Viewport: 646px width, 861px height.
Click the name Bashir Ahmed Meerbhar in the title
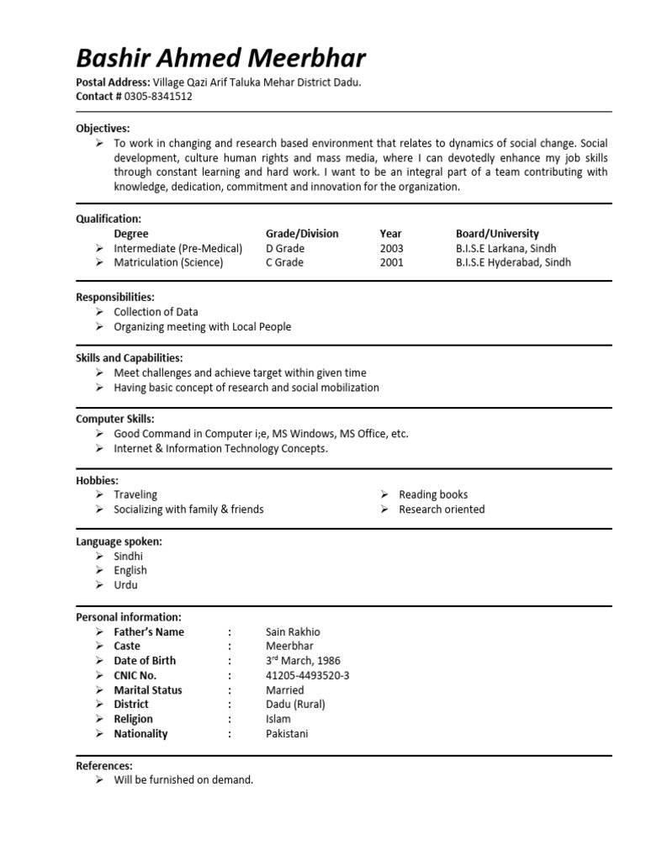tap(220, 58)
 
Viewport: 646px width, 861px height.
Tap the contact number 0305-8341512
tap(158, 96)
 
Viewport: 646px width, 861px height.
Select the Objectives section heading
tap(103, 129)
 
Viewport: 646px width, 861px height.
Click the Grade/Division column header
tap(302, 233)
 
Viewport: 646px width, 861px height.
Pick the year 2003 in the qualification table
tap(391, 248)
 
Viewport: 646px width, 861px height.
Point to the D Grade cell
tap(285, 248)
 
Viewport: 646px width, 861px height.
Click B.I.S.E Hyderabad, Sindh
tap(513, 262)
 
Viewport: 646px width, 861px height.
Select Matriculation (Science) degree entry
tap(168, 262)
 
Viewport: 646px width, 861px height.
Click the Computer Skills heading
tap(115, 419)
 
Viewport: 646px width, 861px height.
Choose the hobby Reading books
tap(433, 494)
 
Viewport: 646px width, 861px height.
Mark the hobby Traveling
tap(135, 494)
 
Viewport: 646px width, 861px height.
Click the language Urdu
tap(125, 584)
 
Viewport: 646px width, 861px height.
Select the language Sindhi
tap(128, 556)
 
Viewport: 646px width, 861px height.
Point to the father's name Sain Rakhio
tap(293, 631)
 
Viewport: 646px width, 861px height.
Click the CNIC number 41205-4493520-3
tap(307, 675)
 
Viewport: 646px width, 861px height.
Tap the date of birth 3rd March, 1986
tap(303, 661)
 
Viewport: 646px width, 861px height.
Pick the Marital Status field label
tap(148, 689)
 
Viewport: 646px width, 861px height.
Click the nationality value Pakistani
tap(287, 733)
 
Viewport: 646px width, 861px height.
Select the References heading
tap(104, 765)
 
